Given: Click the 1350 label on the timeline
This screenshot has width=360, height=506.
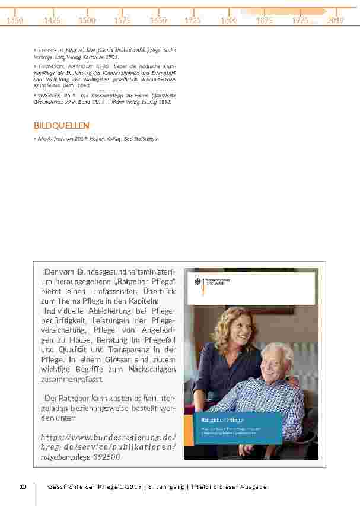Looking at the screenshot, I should click(15, 20).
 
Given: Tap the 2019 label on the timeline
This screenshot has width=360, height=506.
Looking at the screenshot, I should click(336, 20).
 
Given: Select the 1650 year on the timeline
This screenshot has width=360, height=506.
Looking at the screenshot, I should click(158, 20).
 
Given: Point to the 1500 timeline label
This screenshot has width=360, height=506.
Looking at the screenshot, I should click(87, 20).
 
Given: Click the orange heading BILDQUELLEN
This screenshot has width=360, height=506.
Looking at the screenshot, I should click(62, 126).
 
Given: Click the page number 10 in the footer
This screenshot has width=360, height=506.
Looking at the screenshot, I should click(23, 487).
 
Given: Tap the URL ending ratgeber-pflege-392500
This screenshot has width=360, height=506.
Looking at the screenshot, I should click(81, 457).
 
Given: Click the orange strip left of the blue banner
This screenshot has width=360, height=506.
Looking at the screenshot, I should click(189, 429).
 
